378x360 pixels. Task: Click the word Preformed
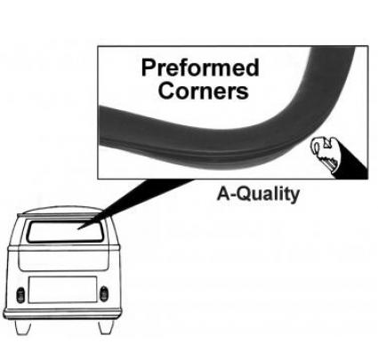(x=200, y=68)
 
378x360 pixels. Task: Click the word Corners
(x=204, y=90)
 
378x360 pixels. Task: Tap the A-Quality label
(x=258, y=195)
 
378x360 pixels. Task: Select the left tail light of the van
(x=20, y=295)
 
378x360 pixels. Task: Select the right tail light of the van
(x=104, y=293)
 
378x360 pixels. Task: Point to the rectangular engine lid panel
(x=62, y=290)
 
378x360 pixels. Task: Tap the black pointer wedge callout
(x=135, y=204)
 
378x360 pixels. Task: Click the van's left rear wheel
(x=23, y=327)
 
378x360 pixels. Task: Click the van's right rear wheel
(x=106, y=326)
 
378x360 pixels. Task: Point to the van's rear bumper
(x=62, y=314)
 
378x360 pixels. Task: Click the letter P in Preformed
(x=148, y=68)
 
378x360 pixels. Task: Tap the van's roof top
(x=60, y=210)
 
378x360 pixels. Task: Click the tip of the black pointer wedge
(x=77, y=229)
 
